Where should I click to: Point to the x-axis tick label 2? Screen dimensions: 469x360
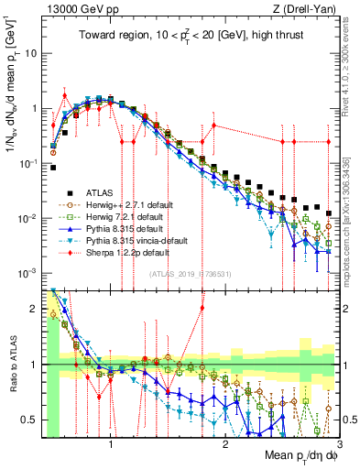coord(225,442)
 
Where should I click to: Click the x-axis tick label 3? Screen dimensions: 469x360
coord(339,442)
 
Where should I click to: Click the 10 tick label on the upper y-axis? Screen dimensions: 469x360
coord(30,52)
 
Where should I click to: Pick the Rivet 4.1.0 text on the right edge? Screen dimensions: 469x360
coord(352,55)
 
